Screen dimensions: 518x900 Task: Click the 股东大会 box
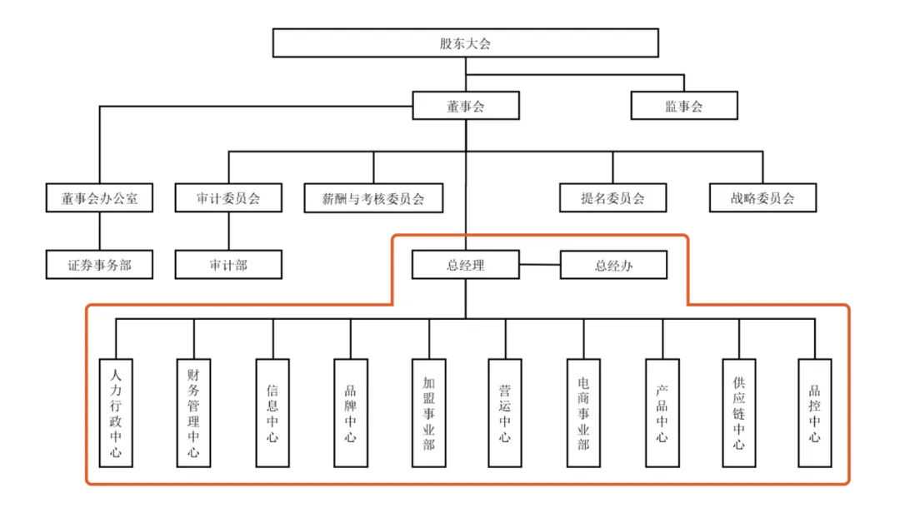pos(466,43)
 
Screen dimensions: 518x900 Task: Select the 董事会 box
pos(466,104)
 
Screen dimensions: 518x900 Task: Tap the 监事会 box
pos(683,105)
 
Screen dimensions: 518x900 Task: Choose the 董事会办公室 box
pos(100,198)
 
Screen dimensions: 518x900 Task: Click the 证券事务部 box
pos(100,265)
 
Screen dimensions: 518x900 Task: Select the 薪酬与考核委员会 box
pos(372,198)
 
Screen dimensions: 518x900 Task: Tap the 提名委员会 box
pos(612,198)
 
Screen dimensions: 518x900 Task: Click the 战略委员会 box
pos(762,198)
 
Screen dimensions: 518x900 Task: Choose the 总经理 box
pos(466,266)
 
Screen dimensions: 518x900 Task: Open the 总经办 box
pos(613,266)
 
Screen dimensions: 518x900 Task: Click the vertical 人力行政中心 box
pos(116,412)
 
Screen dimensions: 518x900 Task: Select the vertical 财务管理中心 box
pos(194,412)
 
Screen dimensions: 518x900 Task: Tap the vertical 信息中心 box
pos(272,412)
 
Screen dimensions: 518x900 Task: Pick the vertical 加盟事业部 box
pos(428,412)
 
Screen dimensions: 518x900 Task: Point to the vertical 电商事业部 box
pos(583,412)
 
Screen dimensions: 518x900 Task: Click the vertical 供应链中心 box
pos(738,412)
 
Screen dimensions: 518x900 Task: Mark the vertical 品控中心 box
pos(815,412)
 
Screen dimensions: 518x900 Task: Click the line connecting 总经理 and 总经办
pos(539,266)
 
